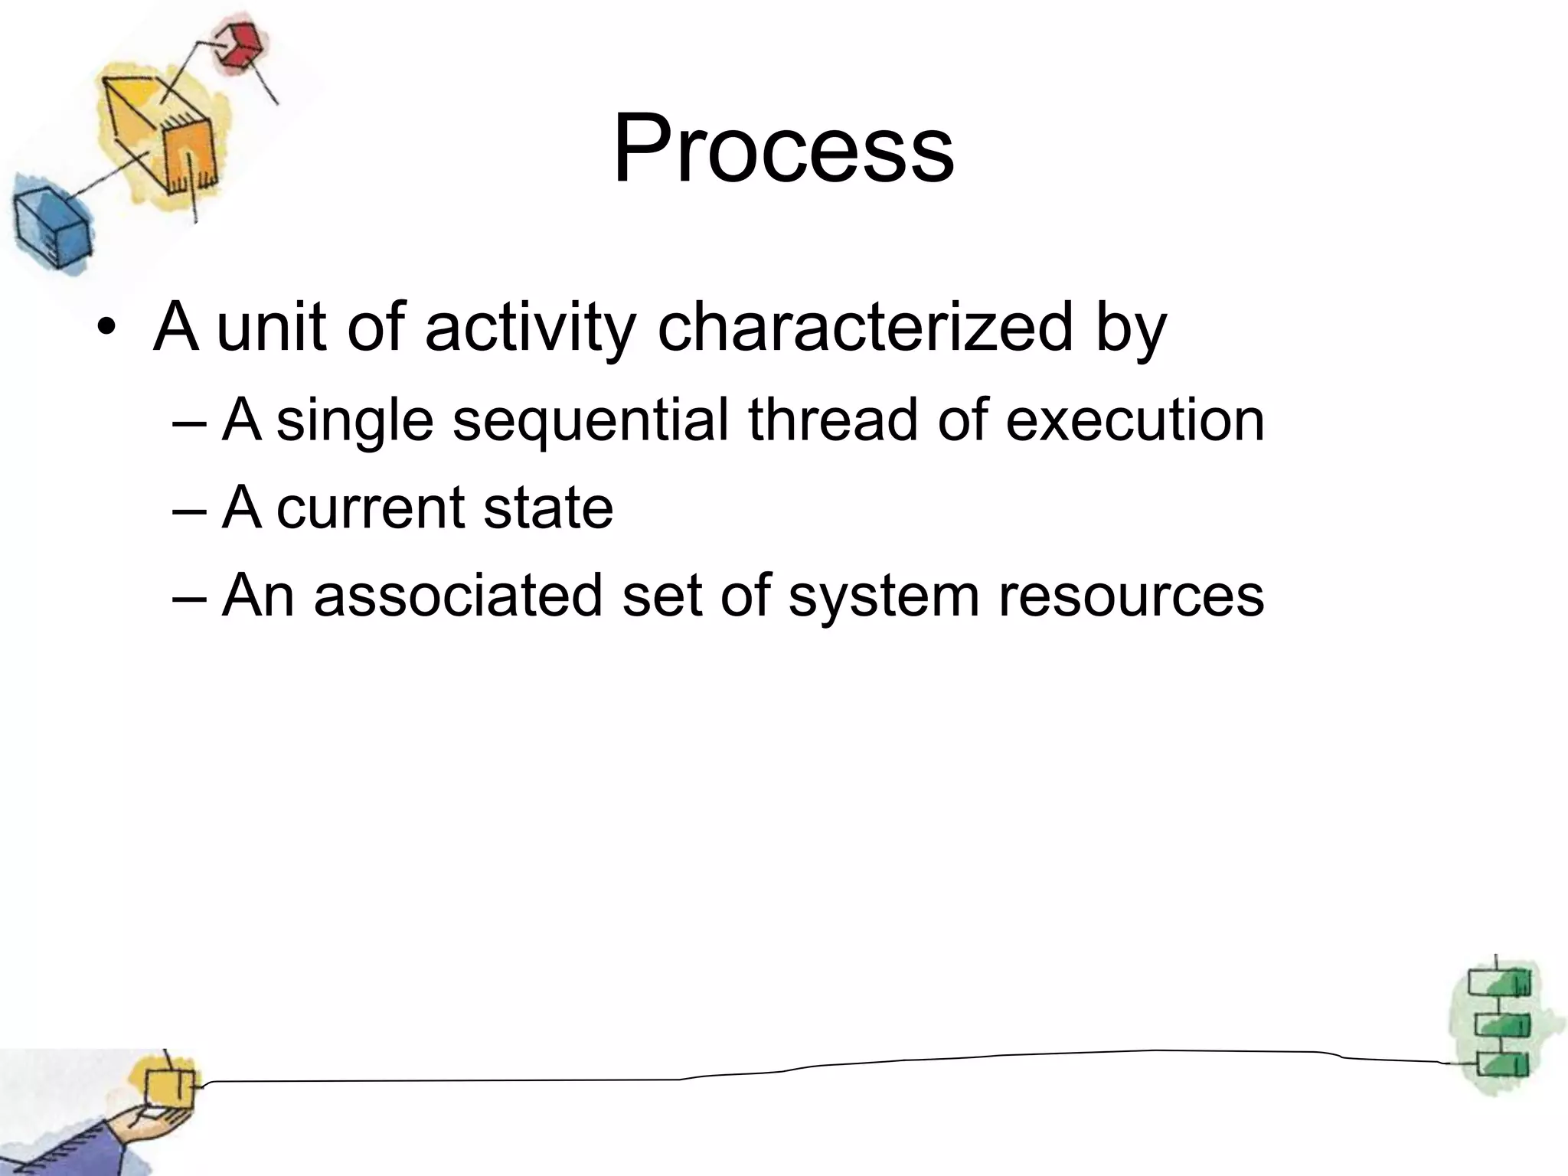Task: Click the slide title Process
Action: point(783,149)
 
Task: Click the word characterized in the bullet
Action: point(865,328)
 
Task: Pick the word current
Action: point(371,508)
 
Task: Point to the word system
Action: point(884,596)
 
